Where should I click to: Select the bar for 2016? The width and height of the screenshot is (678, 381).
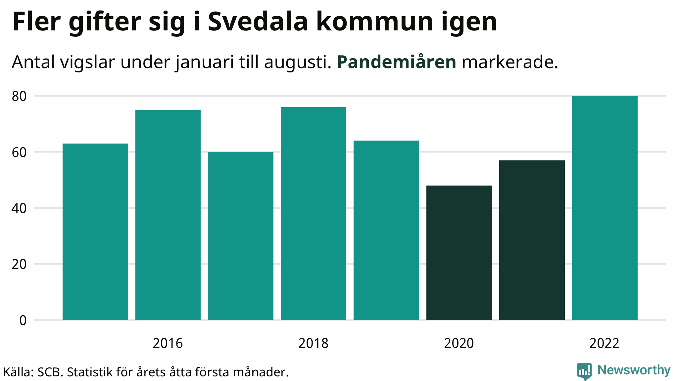coord(168,215)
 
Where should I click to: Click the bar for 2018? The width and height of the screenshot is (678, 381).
coord(313,214)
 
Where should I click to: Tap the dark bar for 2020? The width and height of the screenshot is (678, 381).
coord(459,253)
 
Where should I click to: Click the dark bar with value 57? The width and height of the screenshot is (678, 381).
coord(532,240)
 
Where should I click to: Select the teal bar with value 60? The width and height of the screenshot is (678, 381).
coord(241,236)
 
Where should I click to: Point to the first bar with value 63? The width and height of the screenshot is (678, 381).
coord(95,232)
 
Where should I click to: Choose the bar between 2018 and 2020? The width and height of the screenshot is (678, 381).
coord(386,230)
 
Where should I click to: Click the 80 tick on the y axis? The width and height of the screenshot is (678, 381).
coord(19,96)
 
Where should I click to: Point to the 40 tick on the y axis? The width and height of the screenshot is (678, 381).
coord(19,208)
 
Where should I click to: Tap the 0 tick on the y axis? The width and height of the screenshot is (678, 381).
coord(23,320)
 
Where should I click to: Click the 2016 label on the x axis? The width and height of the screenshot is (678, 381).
coord(168,343)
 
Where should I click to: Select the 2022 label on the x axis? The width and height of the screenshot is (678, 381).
coord(604,343)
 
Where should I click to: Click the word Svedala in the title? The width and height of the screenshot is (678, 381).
coord(258,22)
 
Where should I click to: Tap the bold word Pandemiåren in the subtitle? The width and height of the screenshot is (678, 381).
coord(396,62)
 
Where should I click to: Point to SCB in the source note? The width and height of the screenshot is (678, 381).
coord(50,372)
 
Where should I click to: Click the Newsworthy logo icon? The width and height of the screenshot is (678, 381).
coord(584,371)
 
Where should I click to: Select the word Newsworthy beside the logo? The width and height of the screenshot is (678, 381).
coord(634,370)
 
